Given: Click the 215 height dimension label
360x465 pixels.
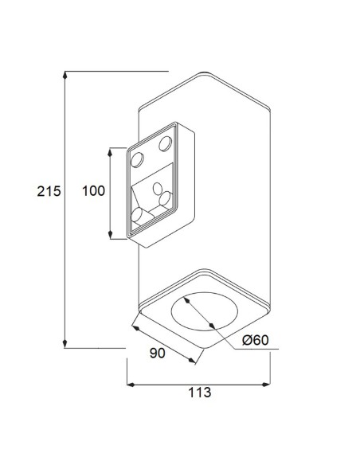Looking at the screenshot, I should coord(49,192).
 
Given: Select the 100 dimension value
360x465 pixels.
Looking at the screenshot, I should coord(95,192).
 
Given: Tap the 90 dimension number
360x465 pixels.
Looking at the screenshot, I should coord(157,353).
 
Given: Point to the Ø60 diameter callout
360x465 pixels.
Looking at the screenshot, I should coord(255,340).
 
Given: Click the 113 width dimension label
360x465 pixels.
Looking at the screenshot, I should coord(198,392).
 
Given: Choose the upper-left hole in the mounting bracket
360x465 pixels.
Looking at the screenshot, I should coord(136,160).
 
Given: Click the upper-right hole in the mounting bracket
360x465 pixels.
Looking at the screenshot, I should coord(166,143).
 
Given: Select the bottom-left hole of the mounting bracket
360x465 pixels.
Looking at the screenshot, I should coord(136,216).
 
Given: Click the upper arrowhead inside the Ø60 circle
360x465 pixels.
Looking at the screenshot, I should coord(185,300).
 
